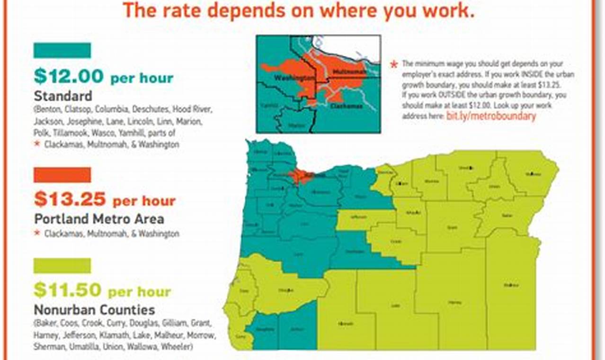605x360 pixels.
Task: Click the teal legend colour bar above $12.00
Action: [x=62, y=51]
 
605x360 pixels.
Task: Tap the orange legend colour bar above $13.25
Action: [x=62, y=175]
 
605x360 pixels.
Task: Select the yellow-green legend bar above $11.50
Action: [x=62, y=266]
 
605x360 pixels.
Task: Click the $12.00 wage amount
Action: [x=69, y=76]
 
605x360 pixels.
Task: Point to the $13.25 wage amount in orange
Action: [x=70, y=200]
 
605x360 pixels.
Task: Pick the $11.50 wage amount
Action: [x=68, y=290]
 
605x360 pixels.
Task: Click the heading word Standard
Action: [x=63, y=96]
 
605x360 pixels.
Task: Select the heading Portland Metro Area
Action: [x=99, y=219]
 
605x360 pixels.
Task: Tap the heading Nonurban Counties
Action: [x=94, y=310]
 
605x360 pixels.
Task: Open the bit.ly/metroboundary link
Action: [x=491, y=116]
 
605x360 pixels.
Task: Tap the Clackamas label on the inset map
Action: [x=347, y=106]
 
